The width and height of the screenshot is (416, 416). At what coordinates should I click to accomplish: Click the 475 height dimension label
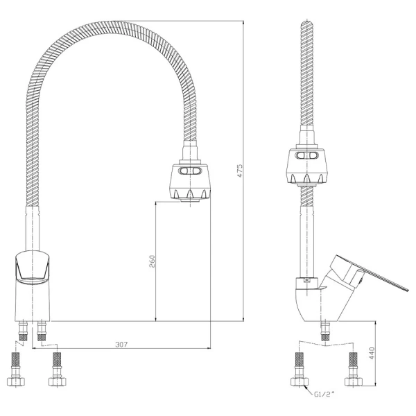(240, 171)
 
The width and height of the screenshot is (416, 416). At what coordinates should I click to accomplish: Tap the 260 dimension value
(152, 261)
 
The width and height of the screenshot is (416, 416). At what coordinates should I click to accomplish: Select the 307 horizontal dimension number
(121, 345)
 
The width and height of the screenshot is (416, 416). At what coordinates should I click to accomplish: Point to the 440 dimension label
(372, 353)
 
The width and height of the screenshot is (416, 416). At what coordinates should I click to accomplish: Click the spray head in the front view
(190, 182)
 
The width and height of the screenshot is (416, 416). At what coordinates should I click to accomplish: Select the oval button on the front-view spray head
(190, 171)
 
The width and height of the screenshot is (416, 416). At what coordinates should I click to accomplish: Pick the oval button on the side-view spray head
(307, 155)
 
